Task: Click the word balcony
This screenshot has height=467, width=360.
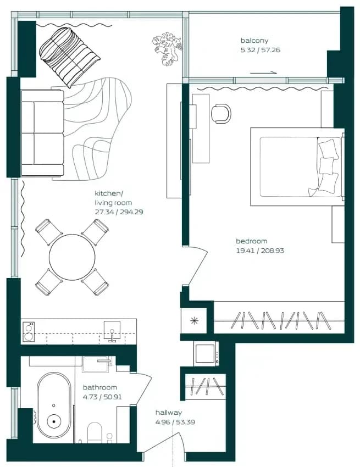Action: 254,41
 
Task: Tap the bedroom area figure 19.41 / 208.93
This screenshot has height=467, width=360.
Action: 260,251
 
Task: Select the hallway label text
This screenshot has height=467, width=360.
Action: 168,413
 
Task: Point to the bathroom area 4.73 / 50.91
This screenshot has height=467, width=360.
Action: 102,397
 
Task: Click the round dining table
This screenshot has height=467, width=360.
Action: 72,257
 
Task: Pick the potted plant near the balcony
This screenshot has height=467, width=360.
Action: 167,48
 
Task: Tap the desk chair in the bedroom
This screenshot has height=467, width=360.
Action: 221,114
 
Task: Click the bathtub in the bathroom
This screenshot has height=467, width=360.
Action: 54,409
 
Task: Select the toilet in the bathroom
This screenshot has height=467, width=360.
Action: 95,432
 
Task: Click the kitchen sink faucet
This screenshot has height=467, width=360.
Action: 112,336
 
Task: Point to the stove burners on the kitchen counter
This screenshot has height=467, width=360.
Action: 29,332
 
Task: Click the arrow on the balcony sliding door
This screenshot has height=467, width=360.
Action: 263,73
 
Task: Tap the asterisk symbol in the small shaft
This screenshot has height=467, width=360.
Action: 195,321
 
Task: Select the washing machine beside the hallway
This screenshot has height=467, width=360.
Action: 206,353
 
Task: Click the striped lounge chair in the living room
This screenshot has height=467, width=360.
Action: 70,57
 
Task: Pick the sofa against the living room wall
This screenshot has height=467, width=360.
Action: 42,133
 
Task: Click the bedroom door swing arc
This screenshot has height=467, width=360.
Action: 199,266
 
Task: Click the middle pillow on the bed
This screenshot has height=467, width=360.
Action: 326,165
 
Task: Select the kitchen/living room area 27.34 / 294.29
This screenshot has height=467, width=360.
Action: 119,212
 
